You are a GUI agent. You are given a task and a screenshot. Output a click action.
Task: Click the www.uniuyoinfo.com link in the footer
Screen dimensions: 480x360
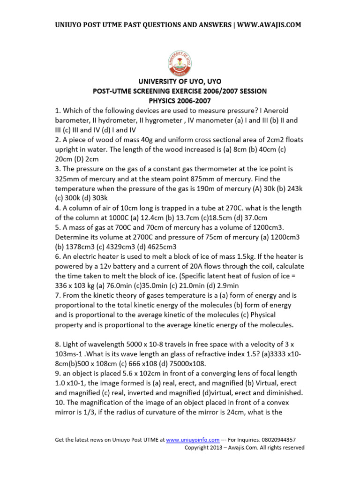coord(193,440)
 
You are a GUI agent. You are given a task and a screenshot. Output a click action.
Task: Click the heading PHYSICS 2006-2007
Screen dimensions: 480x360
coord(180,101)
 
